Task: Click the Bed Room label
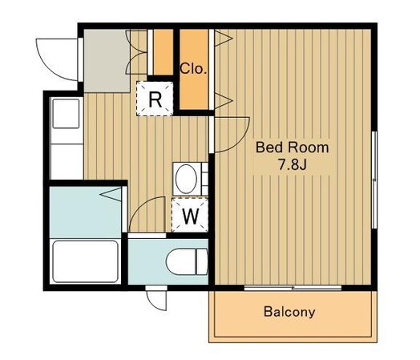tap(292, 148)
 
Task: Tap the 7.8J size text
tap(292, 165)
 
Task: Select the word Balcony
tap(289, 312)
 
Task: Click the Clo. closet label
tap(193, 69)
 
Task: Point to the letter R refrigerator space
tap(155, 99)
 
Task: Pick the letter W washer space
tap(191, 216)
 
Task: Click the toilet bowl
tap(187, 261)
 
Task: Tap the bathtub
tap(85, 261)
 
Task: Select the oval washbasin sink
tap(186, 179)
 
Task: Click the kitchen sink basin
tap(66, 114)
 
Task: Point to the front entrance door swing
tap(58, 59)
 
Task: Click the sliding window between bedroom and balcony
tap(293, 288)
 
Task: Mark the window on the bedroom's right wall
tap(375, 180)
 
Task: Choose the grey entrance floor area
tap(107, 61)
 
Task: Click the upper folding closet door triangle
tap(223, 38)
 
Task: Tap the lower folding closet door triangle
tap(223, 101)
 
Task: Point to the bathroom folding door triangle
tap(111, 194)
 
